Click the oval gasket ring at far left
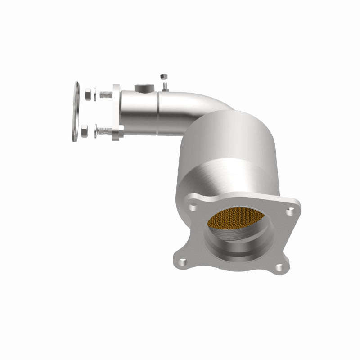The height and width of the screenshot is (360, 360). point(76,111)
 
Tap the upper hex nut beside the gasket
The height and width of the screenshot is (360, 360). point(88,94)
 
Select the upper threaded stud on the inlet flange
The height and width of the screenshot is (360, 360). point(106,95)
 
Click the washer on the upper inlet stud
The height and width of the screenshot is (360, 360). point(95,94)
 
